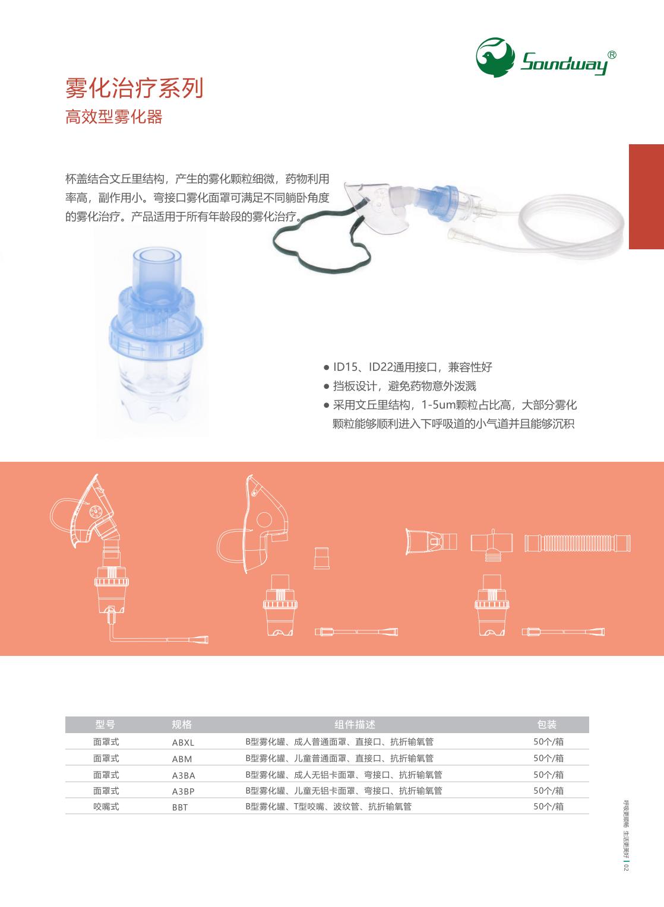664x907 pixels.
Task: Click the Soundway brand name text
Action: [x=564, y=62]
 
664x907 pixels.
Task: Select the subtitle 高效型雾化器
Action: [x=113, y=117]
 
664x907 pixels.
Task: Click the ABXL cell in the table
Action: [x=183, y=742]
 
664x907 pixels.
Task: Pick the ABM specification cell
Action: [x=182, y=759]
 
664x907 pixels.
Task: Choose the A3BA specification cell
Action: [x=183, y=775]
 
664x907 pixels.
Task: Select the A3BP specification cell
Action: [x=183, y=791]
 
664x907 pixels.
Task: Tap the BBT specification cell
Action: [x=180, y=807]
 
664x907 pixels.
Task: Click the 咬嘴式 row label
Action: [x=106, y=807]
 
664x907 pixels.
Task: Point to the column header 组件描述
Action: [x=355, y=725]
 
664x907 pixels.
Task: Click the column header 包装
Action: [x=546, y=725]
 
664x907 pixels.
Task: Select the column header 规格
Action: [x=182, y=725]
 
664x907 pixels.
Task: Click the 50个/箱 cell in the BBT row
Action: [x=548, y=807]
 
